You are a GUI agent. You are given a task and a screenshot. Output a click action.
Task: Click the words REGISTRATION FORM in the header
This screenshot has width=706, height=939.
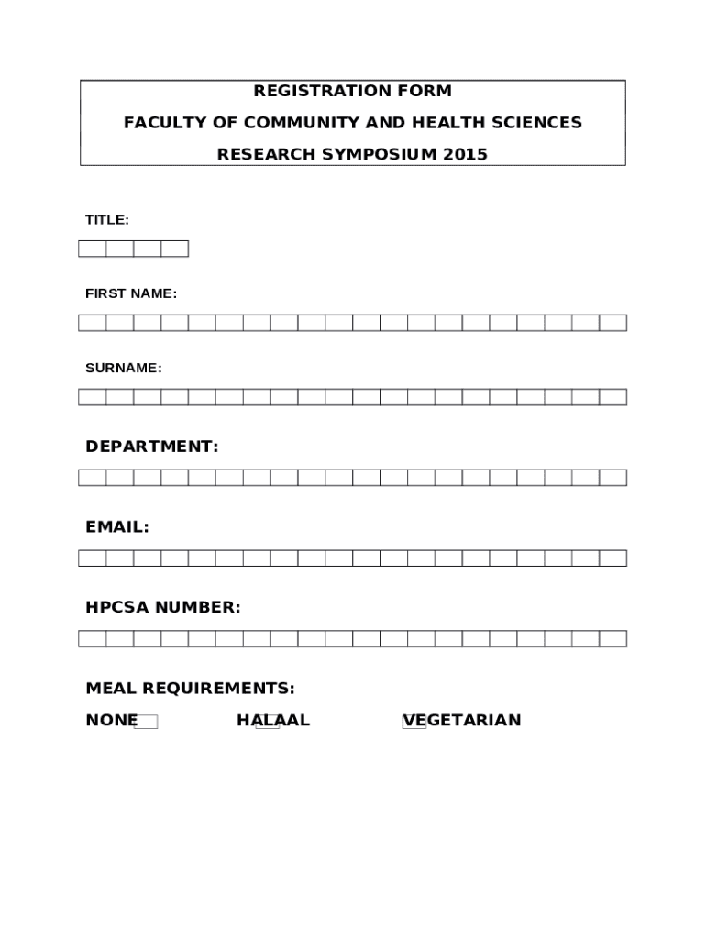point(353,91)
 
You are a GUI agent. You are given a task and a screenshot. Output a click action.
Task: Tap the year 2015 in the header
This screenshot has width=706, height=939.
point(466,154)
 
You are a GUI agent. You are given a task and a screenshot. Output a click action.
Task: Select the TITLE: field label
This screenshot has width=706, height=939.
point(107,220)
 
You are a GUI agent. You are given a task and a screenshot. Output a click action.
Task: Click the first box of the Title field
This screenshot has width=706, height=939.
point(93,249)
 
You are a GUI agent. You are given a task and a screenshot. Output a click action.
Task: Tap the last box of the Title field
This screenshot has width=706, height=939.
point(174,249)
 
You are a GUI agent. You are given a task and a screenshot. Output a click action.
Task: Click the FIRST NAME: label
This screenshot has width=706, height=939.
point(131,293)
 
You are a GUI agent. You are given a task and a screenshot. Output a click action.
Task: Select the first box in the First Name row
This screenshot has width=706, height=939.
point(93,323)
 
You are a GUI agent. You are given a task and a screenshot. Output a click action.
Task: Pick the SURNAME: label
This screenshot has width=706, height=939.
point(124,368)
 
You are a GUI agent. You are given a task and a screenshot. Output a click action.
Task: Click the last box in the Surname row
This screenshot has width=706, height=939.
point(612,397)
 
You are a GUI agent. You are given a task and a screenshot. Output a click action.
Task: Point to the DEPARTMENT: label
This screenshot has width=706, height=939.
point(152,447)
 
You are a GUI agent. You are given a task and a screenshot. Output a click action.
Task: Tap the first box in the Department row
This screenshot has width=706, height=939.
point(93,478)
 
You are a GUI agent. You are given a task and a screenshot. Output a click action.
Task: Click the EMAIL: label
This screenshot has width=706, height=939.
point(117,527)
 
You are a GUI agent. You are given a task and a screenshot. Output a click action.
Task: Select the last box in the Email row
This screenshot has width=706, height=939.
point(612,558)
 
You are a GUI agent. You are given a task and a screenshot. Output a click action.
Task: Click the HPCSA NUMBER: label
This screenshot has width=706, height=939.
point(163,607)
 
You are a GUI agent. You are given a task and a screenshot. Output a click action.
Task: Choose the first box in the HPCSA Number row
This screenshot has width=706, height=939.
point(93,639)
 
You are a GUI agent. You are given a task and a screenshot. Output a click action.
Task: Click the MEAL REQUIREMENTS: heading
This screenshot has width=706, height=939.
point(190,688)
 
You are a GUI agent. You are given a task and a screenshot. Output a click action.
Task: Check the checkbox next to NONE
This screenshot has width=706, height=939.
point(146,722)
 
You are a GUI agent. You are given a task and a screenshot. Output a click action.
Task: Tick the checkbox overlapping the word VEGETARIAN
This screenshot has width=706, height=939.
point(414,722)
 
